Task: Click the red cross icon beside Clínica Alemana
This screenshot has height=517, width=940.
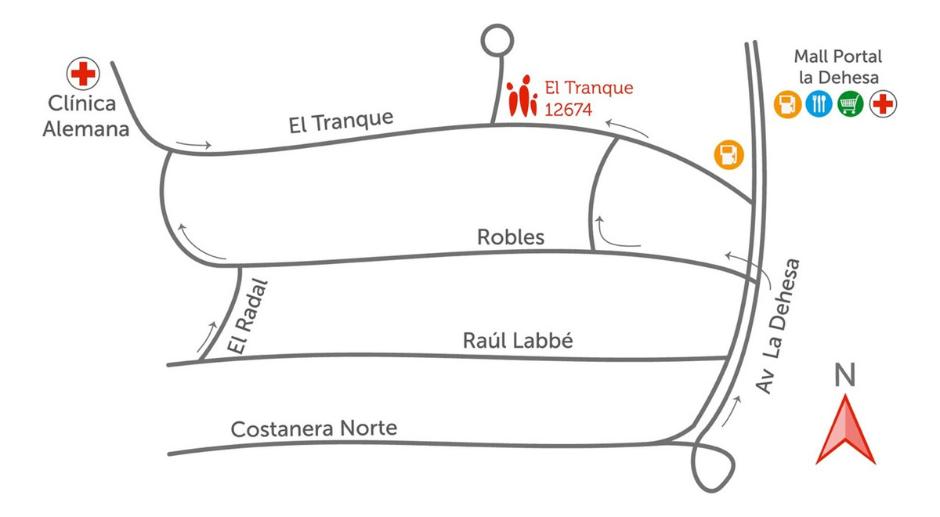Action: (x=82, y=74)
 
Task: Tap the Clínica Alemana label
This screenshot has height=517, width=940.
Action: (x=85, y=117)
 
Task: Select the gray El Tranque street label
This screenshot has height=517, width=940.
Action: (x=340, y=121)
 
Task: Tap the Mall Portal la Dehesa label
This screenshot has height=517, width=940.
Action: (x=837, y=67)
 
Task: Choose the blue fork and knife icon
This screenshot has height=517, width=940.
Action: (x=819, y=104)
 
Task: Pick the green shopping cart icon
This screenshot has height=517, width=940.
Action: (x=851, y=104)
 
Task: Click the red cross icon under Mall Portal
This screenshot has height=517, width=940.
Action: (x=884, y=104)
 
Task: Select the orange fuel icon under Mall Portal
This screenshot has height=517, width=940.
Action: (x=787, y=104)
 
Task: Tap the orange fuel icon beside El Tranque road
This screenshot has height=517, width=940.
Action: (x=728, y=154)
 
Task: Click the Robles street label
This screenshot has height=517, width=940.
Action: (x=511, y=237)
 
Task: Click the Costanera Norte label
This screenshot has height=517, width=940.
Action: (x=314, y=429)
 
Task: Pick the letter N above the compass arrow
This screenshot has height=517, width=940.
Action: (x=844, y=376)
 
